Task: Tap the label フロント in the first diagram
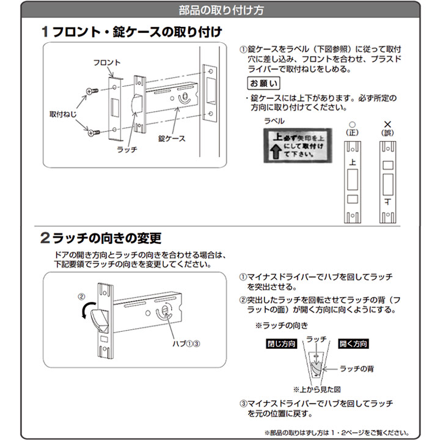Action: [x=107, y=62]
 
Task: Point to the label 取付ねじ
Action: [x=63, y=114]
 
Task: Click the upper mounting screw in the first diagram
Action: [x=91, y=90]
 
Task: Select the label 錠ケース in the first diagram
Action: [x=171, y=139]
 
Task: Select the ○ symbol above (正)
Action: [x=351, y=123]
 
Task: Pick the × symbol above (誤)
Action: [x=387, y=123]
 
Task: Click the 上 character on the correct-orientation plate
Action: [x=351, y=164]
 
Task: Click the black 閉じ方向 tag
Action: [x=282, y=344]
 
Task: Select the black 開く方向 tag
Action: [x=354, y=344]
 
